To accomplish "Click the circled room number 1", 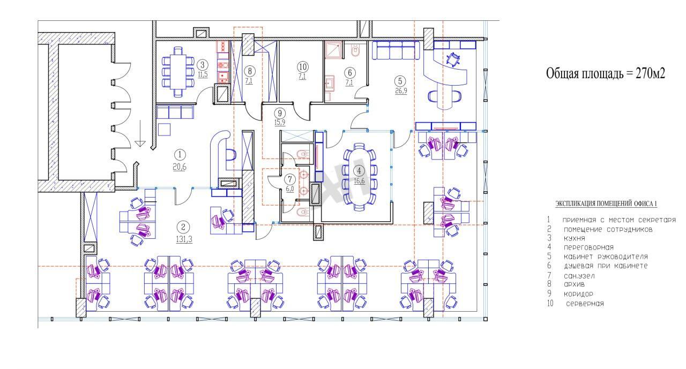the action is point(180,155).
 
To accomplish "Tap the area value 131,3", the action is point(184,239).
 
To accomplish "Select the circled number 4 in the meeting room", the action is point(359,170).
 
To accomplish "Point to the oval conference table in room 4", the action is point(359,177).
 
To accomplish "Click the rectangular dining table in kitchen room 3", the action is point(178,71).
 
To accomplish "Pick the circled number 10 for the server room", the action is point(303,67).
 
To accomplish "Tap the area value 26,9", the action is point(401,91).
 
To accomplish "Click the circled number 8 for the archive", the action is point(250,71).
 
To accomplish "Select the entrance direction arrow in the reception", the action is point(140,133).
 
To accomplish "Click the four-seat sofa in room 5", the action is point(396,50).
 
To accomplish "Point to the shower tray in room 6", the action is point(333,50).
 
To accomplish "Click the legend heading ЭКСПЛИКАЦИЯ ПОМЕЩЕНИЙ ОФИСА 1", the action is point(606,204).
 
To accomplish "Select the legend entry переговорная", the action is point(588,247).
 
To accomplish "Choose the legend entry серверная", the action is point(585,304).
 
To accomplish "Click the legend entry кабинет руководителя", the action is point(606,257).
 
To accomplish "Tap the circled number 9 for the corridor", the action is point(280,113).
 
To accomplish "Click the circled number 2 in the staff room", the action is point(183,227).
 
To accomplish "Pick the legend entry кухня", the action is point(575,238).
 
